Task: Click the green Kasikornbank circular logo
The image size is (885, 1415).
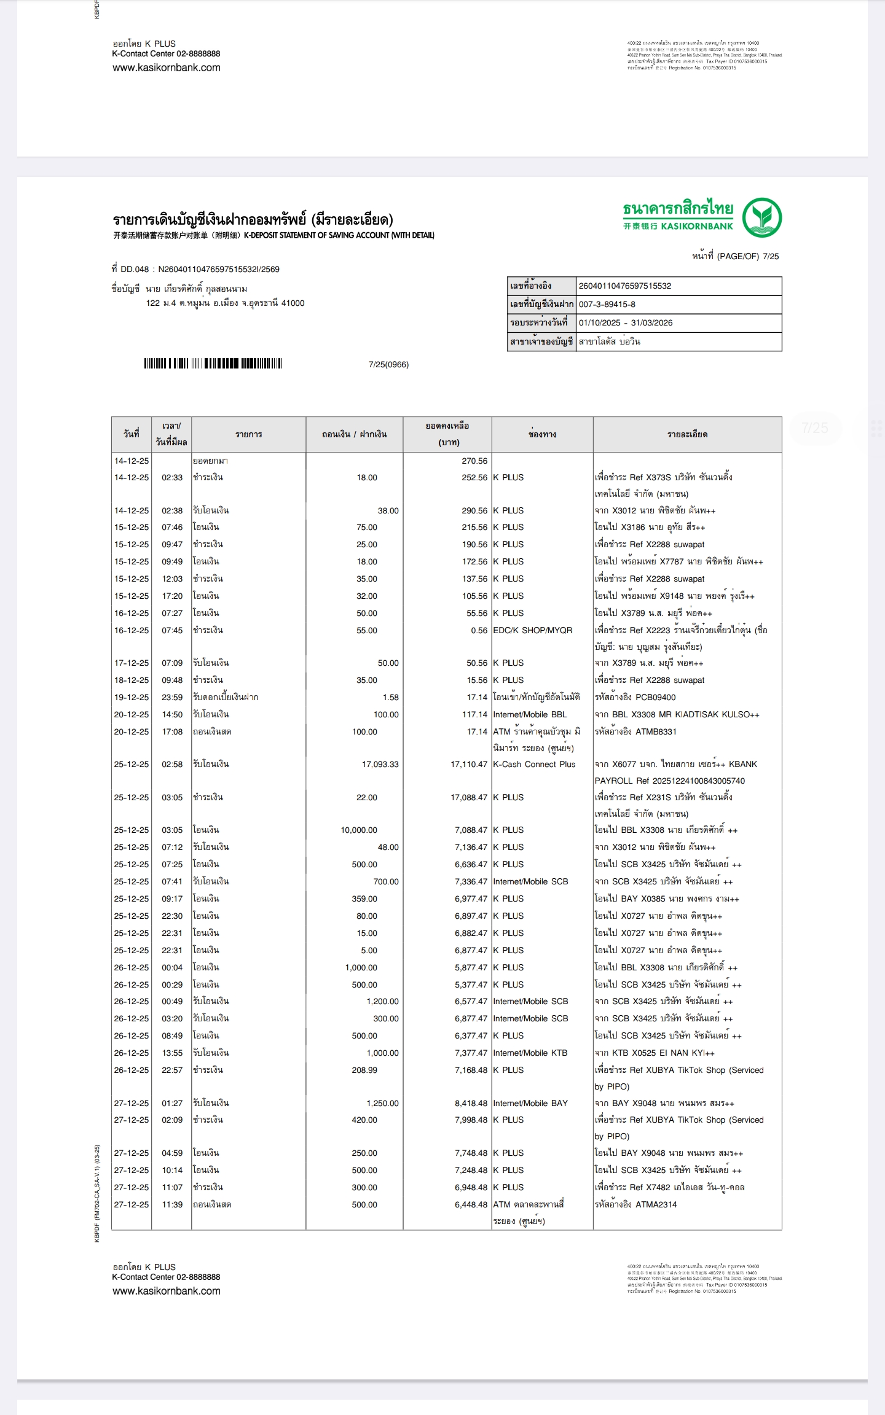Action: click(x=761, y=217)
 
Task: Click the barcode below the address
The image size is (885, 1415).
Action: click(x=213, y=364)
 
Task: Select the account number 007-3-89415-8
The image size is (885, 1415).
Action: click(x=607, y=305)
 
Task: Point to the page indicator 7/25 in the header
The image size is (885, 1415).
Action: click(x=771, y=257)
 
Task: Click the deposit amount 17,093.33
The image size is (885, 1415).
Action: click(x=380, y=765)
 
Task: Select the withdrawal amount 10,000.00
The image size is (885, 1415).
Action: click(x=359, y=830)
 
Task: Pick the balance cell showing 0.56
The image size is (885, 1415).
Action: click(x=479, y=631)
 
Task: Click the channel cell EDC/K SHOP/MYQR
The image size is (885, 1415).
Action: click(x=532, y=631)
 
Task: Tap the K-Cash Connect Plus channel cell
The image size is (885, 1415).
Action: click(x=534, y=765)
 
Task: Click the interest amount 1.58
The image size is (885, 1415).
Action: click(x=390, y=698)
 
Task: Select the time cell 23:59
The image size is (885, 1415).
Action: click(x=172, y=698)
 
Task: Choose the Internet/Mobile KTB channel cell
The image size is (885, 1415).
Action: click(x=530, y=1053)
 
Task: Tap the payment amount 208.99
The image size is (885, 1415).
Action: click(x=364, y=1070)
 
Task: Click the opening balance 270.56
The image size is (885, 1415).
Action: click(x=474, y=461)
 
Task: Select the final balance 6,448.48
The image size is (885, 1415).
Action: click(x=471, y=1205)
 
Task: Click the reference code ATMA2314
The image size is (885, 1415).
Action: click(x=656, y=1205)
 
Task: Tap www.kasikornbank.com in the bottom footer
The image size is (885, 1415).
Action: click(x=167, y=1291)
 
